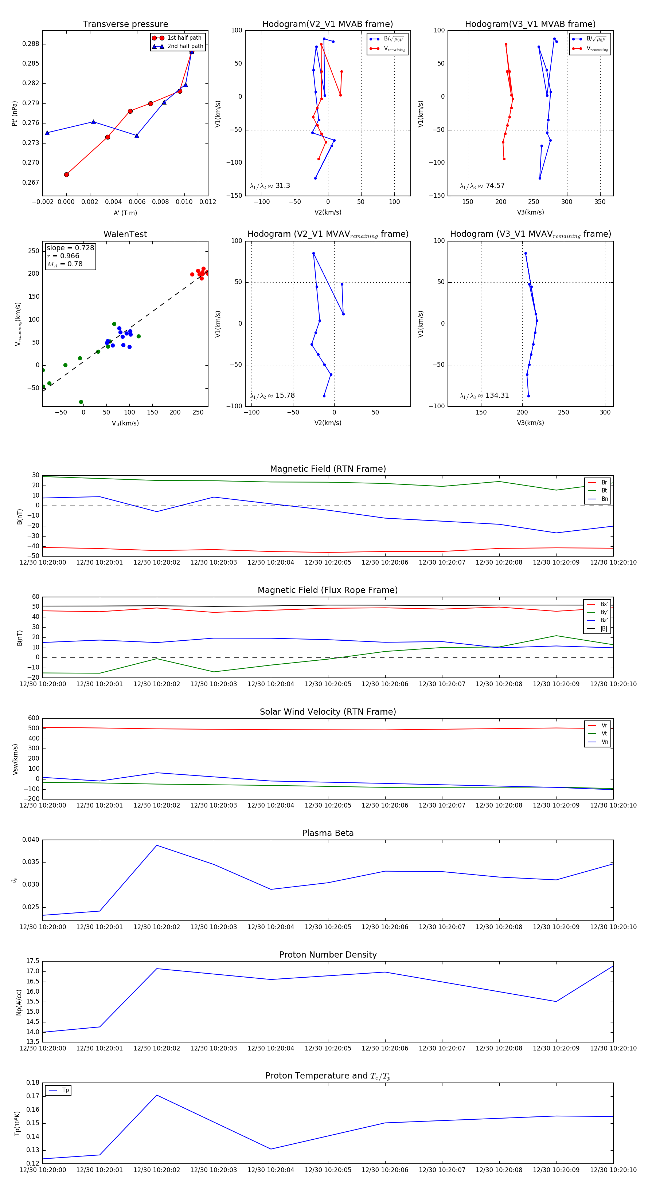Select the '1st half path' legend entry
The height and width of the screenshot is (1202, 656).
(184, 38)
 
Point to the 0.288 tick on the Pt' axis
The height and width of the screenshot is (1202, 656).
(31, 44)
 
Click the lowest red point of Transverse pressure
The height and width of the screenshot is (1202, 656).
(66, 174)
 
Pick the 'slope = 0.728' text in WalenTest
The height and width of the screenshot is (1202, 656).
(70, 248)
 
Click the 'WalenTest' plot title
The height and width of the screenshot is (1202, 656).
(125, 234)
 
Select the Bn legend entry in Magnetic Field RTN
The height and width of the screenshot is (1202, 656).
(604, 499)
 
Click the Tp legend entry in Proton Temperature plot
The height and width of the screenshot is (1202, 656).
(65, 1090)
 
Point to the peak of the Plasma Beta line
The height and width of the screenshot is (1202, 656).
(156, 845)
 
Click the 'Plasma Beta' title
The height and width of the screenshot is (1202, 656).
(328, 833)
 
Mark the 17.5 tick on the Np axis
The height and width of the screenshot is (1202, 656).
(33, 961)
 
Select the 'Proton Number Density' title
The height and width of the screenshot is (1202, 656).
(328, 955)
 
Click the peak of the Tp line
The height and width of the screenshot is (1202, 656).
(156, 1095)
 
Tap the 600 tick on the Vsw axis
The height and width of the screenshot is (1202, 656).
(34, 718)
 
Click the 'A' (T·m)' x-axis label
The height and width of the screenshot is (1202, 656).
(125, 213)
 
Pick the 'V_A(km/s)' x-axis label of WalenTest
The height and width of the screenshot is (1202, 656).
(125, 423)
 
